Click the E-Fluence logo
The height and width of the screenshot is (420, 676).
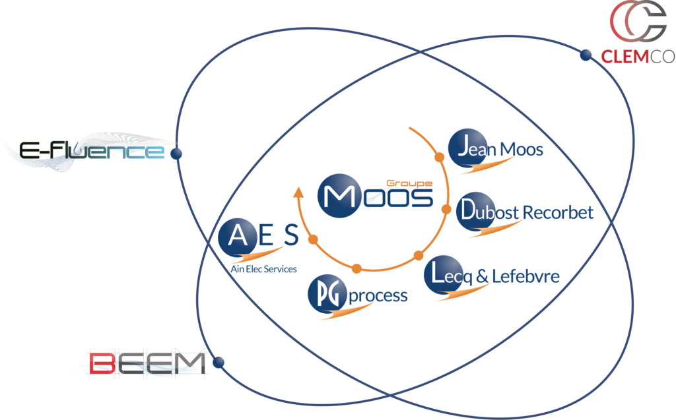[92, 151]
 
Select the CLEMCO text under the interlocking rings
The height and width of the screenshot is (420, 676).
[638, 57]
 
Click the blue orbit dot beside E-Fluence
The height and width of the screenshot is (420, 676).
[176, 154]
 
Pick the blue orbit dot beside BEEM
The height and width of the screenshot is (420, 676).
[219, 362]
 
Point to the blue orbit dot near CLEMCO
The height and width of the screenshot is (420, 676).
[586, 55]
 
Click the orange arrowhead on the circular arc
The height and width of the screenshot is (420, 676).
[298, 192]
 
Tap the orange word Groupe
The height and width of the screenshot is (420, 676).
[409, 183]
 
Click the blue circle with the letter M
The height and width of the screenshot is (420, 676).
[339, 196]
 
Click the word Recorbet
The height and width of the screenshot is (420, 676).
[558, 212]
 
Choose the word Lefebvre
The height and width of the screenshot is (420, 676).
[525, 276]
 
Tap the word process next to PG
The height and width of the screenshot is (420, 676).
[378, 296]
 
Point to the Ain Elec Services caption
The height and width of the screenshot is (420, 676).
[263, 269]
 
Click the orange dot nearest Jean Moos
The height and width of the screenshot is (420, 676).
[439, 157]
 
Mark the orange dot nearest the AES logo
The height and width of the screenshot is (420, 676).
[314, 239]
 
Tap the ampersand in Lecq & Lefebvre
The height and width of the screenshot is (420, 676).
[482, 276]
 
